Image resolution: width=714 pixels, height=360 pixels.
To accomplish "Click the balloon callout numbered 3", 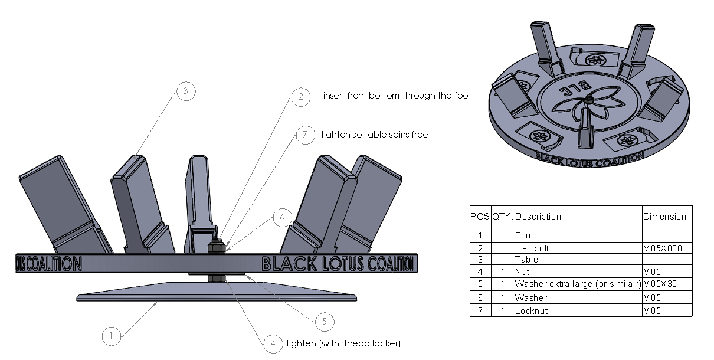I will click(185, 91).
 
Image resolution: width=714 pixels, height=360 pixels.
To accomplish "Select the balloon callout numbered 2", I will click(300, 97).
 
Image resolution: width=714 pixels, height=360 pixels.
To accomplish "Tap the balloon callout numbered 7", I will click(304, 135).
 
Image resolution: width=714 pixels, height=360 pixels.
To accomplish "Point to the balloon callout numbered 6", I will click(282, 217).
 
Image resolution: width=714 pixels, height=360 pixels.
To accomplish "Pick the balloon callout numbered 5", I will click(324, 322).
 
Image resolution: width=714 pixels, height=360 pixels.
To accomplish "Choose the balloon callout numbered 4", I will click(272, 343).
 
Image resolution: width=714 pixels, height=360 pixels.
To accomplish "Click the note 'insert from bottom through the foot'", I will click(397, 96).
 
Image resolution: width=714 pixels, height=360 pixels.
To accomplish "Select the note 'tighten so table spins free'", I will click(374, 135).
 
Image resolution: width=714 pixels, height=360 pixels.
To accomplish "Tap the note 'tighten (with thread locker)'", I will click(343, 343).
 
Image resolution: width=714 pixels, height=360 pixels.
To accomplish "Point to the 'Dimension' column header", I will click(664, 217).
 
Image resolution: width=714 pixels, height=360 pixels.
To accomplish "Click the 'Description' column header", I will click(538, 217).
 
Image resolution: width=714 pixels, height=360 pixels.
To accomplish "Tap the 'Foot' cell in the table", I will click(525, 235).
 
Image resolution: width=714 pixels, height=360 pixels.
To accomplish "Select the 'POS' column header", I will click(480, 217).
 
